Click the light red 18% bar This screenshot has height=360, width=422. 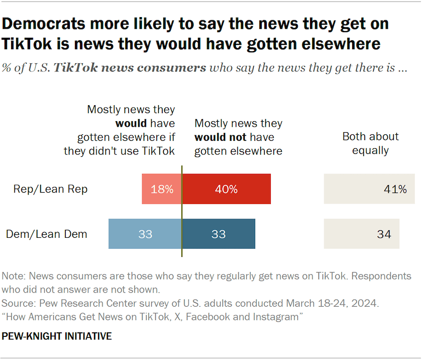(162, 189)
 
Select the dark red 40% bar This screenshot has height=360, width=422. (226, 189)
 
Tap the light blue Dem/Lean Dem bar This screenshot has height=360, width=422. (145, 234)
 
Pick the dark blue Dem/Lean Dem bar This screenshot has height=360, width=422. (219, 234)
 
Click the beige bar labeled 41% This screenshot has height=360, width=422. (369, 189)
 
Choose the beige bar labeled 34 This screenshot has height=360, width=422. (361, 234)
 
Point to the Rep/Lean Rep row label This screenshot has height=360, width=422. (50, 189)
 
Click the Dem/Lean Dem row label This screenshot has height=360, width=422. (47, 234)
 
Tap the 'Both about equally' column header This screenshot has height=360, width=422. (370, 143)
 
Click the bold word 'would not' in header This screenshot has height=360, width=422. (221, 137)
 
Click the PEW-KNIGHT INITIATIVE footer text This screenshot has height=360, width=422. (57, 336)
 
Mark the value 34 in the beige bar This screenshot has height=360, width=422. (384, 234)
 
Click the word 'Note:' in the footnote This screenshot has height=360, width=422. (14, 276)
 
